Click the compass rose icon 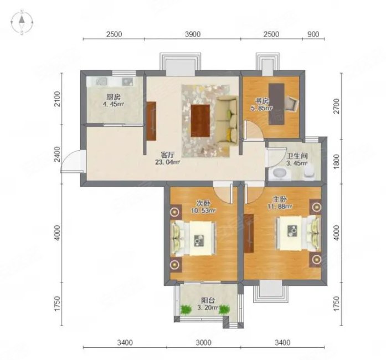click(x=22, y=22)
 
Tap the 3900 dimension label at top click(x=193, y=34)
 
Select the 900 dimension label click(x=313, y=34)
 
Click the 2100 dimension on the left click(x=57, y=99)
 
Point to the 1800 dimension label click(x=337, y=162)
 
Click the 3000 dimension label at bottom click(x=203, y=342)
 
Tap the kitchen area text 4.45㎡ click(x=113, y=104)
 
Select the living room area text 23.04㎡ click(x=167, y=162)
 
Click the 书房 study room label click(x=262, y=101)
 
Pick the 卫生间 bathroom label click(x=297, y=156)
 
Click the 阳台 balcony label click(x=208, y=300)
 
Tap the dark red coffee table click(x=200, y=120)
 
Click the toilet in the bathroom click(x=309, y=171)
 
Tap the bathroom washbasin click(x=280, y=173)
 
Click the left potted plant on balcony click(x=186, y=309)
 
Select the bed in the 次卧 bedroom click(x=193, y=238)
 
